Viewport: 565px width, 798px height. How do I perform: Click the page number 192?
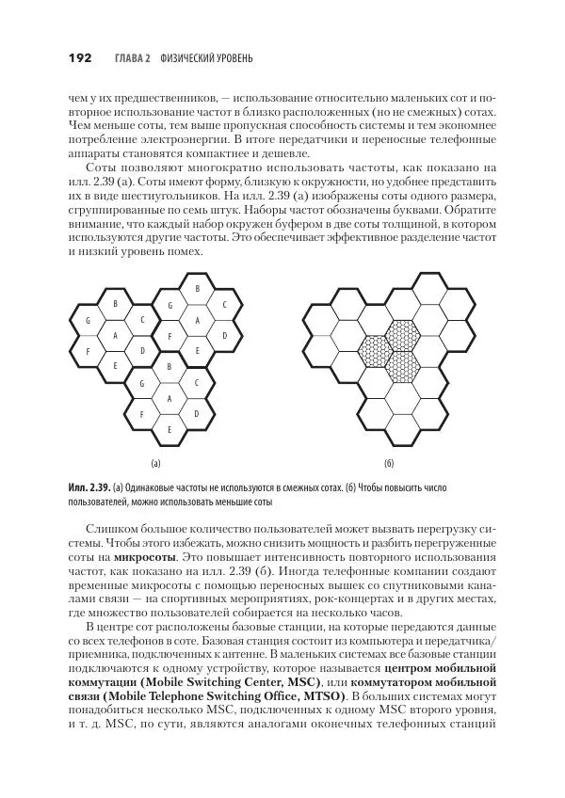pyautogui.click(x=79, y=58)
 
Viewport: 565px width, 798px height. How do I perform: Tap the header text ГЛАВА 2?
pyautogui.click(x=132, y=59)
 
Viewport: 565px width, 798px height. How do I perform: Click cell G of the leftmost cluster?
pyautogui.click(x=88, y=321)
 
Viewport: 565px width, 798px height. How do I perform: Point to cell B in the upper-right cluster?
pyautogui.click(x=197, y=289)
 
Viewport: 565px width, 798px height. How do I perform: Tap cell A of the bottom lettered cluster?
pyautogui.click(x=169, y=398)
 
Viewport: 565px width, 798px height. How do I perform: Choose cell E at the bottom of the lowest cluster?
pyautogui.click(x=169, y=429)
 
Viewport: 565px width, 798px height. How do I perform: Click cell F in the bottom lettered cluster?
pyautogui.click(x=142, y=414)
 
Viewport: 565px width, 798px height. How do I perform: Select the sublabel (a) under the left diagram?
pyautogui.click(x=156, y=464)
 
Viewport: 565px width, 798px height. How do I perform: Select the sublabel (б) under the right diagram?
pyautogui.click(x=389, y=464)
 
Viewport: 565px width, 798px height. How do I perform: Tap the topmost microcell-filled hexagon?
pyautogui.click(x=403, y=333)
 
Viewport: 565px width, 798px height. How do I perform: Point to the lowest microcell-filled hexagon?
pyautogui.click(x=403, y=365)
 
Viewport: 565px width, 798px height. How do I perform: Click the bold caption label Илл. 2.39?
pyautogui.click(x=89, y=489)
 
